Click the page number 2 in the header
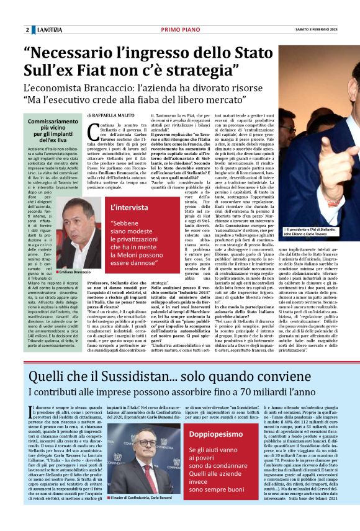tap(27, 30)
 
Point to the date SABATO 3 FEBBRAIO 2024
tap(324, 30)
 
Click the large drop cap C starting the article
tap(92, 132)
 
